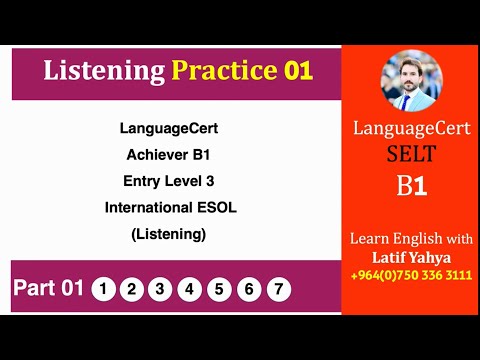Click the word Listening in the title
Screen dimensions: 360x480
click(x=104, y=71)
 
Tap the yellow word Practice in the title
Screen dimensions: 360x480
click(x=222, y=71)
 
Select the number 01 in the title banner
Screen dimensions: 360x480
click(x=296, y=71)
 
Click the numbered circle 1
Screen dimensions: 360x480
click(x=103, y=290)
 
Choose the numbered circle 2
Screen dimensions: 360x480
click(x=131, y=290)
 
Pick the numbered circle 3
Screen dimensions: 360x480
click(x=160, y=290)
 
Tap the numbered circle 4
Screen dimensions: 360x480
click(x=189, y=290)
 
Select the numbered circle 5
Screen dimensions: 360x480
click(x=219, y=290)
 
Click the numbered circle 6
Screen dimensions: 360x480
click(x=249, y=290)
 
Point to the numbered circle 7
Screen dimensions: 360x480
click(x=278, y=290)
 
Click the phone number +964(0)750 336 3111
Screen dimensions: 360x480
click(x=411, y=276)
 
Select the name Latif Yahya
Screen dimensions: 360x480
click(x=411, y=258)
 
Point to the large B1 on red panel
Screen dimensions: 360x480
click(x=411, y=187)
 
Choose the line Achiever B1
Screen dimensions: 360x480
click(x=168, y=154)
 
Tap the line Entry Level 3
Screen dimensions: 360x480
click(x=168, y=180)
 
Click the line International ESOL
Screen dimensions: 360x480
click(x=168, y=207)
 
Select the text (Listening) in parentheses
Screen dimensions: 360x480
click(x=168, y=234)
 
